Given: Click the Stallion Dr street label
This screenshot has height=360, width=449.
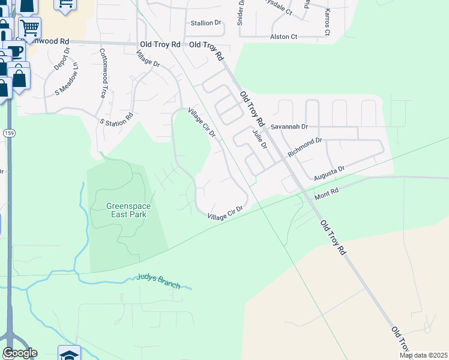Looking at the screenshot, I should click(x=206, y=23).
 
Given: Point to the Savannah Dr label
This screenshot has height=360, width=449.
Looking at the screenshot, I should click(x=289, y=127).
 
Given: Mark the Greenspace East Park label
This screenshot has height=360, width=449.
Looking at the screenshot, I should click(x=128, y=210).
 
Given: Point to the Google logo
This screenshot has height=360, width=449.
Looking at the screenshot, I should click(x=20, y=353).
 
